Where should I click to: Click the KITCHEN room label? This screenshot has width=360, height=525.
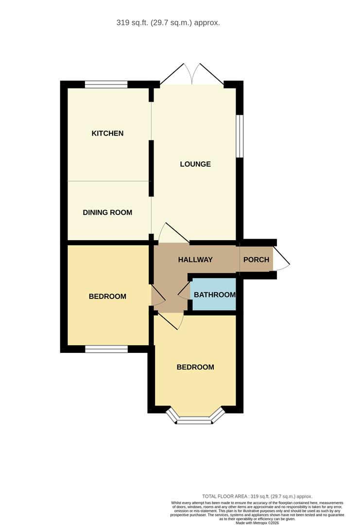[107, 133]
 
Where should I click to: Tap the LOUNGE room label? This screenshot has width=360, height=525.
[195, 164]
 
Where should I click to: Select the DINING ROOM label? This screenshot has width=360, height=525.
[107, 212]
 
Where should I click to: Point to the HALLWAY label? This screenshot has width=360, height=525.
[195, 260]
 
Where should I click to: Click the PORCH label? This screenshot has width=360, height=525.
[256, 260]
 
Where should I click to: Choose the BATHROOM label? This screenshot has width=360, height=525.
[214, 295]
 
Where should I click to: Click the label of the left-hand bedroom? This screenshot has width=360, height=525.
[107, 296]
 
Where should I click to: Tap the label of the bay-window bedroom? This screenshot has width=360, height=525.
[195, 367]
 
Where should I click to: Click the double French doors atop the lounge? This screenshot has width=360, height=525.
[192, 75]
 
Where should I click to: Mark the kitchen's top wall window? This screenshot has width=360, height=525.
[106, 85]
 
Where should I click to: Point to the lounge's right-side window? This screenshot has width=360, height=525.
[240, 136]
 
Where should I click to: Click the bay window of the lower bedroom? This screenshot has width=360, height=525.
[195, 419]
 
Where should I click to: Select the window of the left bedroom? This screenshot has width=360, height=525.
[106, 349]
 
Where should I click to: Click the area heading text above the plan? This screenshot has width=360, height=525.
[168, 22]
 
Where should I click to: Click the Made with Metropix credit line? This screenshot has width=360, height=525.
[257, 523]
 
